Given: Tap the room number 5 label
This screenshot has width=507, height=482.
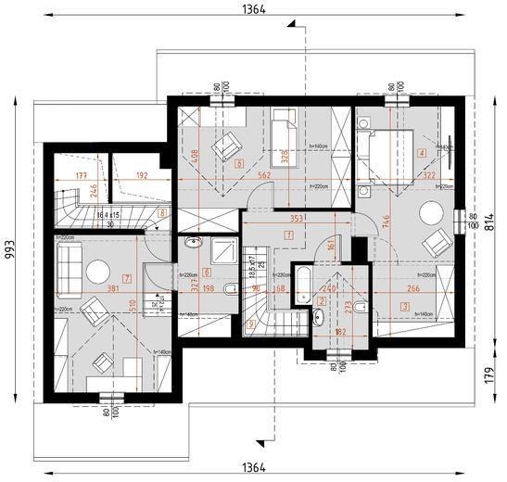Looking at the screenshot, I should tap(240, 164).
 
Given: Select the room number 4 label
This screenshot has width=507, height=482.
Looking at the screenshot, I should tap(422, 153).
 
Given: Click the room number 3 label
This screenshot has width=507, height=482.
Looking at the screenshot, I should tap(405, 305).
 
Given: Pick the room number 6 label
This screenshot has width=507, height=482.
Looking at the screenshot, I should tap(207, 273).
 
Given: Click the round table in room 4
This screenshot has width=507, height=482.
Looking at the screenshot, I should tap(431, 213).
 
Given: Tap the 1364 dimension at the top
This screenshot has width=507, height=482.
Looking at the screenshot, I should tap(253, 9).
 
